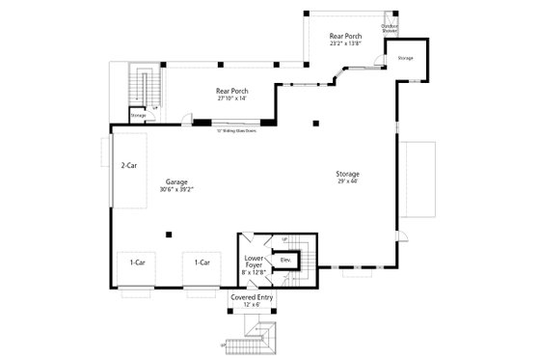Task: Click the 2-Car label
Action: click(x=127, y=166)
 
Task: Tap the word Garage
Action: click(x=175, y=181)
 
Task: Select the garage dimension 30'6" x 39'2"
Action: click(x=175, y=189)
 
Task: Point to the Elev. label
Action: click(x=285, y=260)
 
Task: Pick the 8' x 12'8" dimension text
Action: click(x=255, y=273)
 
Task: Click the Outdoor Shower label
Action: click(x=389, y=28)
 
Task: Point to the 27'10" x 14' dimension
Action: click(x=231, y=97)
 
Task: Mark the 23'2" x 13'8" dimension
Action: click(x=345, y=42)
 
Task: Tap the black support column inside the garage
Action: click(x=169, y=233)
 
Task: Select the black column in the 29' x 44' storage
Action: click(x=315, y=123)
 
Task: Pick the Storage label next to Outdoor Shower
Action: click(x=406, y=58)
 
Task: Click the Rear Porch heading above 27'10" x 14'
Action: click(x=231, y=91)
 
